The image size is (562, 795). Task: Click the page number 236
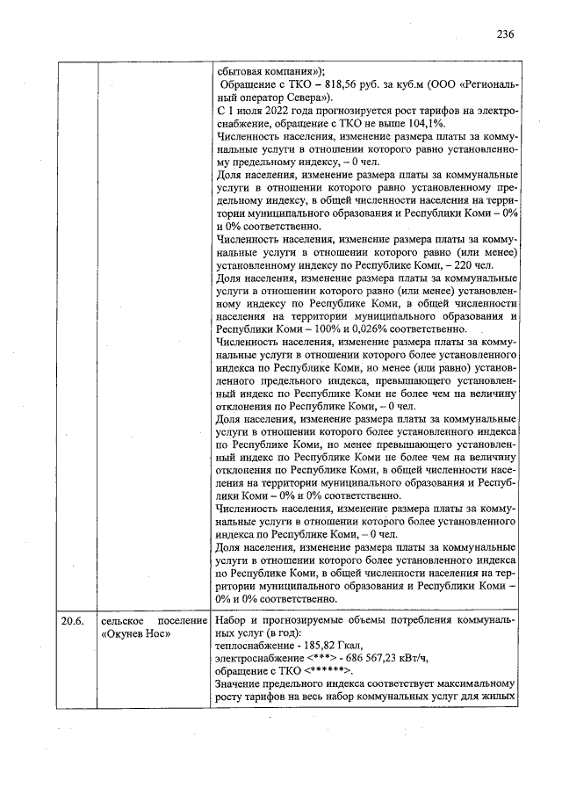click(504, 34)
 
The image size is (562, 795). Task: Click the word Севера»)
click(299, 98)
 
